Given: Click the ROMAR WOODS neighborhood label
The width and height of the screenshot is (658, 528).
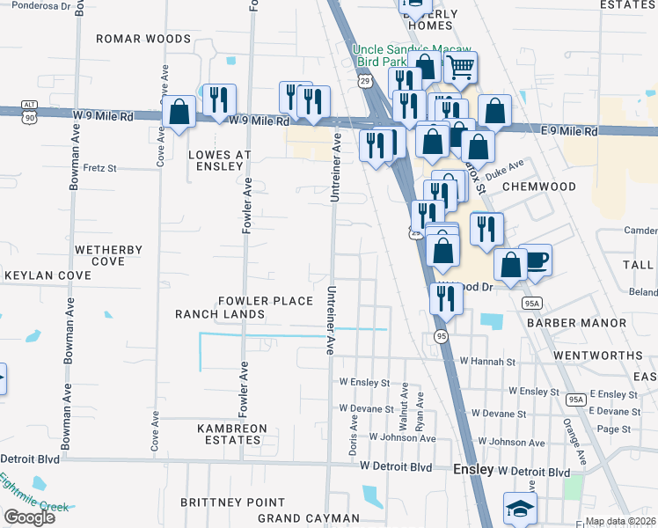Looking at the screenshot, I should pyautogui.click(x=143, y=39).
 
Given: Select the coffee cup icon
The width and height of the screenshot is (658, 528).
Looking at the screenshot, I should pyautogui.click(x=535, y=260).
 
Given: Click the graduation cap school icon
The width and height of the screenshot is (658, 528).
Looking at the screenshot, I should pyautogui.click(x=519, y=509).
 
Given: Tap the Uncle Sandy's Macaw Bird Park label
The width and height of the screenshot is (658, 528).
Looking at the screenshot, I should pyautogui.click(x=412, y=55).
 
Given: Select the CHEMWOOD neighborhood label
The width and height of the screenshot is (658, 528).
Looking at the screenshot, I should pyautogui.click(x=537, y=187).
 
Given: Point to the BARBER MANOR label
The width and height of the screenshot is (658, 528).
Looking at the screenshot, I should pyautogui.click(x=576, y=323).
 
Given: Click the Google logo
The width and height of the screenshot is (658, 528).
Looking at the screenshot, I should pyautogui.click(x=30, y=517).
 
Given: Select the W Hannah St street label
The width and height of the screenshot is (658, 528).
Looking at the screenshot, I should pyautogui.click(x=486, y=362).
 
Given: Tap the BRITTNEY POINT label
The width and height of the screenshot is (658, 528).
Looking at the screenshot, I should pyautogui.click(x=220, y=502).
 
